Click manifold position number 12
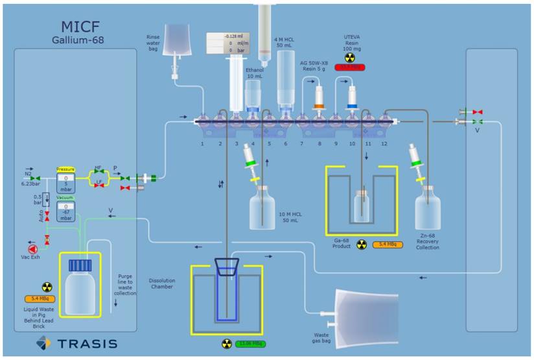(384, 143)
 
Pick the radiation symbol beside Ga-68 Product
(362, 245)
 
